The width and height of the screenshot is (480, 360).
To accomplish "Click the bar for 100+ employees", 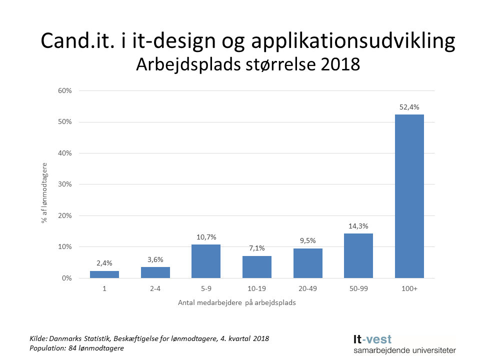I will pyautogui.click(x=409, y=196).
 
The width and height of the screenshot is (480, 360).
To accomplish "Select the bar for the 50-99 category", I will pyautogui.click(x=358, y=255).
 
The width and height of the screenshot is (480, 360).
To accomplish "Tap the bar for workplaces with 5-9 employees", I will pyautogui.click(x=206, y=261).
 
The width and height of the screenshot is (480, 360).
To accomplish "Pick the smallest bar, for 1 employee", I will pyautogui.click(x=104, y=274).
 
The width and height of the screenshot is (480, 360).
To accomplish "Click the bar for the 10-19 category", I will pyautogui.click(x=257, y=266).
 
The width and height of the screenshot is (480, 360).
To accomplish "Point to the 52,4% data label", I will pyautogui.click(x=409, y=106).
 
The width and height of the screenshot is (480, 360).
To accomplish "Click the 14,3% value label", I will pyautogui.click(x=358, y=225).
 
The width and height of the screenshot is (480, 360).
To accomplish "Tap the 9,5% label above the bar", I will pyautogui.click(x=307, y=240).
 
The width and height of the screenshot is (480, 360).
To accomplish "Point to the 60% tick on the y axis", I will pyautogui.click(x=65, y=91).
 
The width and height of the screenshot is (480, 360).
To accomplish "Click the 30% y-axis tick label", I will pyautogui.click(x=65, y=184).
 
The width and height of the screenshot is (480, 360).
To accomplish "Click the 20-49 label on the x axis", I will pyautogui.click(x=307, y=289).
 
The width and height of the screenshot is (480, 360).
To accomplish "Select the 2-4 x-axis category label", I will pyautogui.click(x=155, y=289).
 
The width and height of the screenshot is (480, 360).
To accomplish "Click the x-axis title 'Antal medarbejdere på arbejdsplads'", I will pyautogui.click(x=237, y=303).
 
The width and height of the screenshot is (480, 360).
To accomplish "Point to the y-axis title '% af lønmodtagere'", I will pyautogui.click(x=44, y=192).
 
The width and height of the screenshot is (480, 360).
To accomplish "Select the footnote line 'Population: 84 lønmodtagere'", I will pyautogui.click(x=76, y=348).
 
